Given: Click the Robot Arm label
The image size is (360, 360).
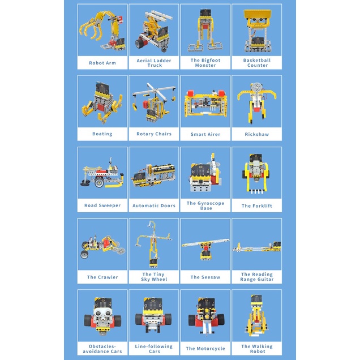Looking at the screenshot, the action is pyautogui.click(x=102, y=63).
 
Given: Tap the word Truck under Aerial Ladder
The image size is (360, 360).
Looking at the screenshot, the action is pyautogui.click(x=155, y=66).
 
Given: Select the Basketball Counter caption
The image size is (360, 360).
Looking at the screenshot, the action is pyautogui.click(x=257, y=63).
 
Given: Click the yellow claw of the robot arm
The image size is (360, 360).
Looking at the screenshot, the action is pyautogui.click(x=91, y=28).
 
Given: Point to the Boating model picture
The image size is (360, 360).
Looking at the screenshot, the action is pyautogui.click(x=102, y=102).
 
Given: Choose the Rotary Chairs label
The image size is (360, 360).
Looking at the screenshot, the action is pyautogui.click(x=154, y=134).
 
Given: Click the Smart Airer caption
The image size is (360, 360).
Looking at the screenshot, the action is pyautogui.click(x=205, y=134).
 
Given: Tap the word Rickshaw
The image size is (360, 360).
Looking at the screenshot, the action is pyautogui.click(x=256, y=134).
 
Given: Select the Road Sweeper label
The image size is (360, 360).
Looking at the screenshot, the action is pyautogui.click(x=102, y=205).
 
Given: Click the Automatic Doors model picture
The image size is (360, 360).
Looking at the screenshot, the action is pyautogui.click(x=153, y=175).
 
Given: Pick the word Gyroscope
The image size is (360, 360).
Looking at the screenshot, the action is pyautogui.click(x=209, y=203).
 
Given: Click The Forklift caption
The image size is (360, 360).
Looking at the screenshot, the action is pyautogui.click(x=256, y=205).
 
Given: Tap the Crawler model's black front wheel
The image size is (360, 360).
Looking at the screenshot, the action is pyautogui.click(x=84, y=254).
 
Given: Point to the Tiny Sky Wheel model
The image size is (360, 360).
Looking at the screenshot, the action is pyautogui.click(x=153, y=244).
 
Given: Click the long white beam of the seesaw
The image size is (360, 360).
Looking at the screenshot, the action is pyautogui.click(x=205, y=243).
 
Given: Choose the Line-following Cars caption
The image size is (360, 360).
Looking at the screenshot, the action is pyautogui.click(x=154, y=349).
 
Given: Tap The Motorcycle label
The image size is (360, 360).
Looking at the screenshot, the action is pyautogui.click(x=205, y=349).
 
